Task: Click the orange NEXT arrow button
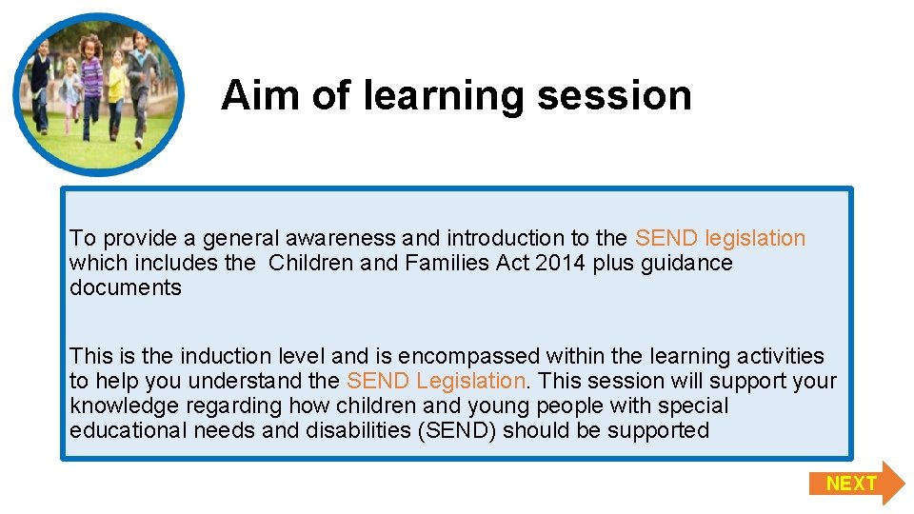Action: pyautogui.click(x=855, y=484)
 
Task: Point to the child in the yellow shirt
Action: pyautogui.click(x=116, y=90)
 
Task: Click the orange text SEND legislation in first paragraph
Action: pyautogui.click(x=720, y=238)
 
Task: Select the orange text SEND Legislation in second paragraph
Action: pyautogui.click(x=436, y=381)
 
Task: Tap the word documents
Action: pyautogui.click(x=125, y=287)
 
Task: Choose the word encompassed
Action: pyautogui.click(x=468, y=356)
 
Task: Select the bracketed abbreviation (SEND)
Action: pyautogui.click(x=455, y=430)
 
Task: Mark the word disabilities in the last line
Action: pyautogui.click(x=356, y=430)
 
